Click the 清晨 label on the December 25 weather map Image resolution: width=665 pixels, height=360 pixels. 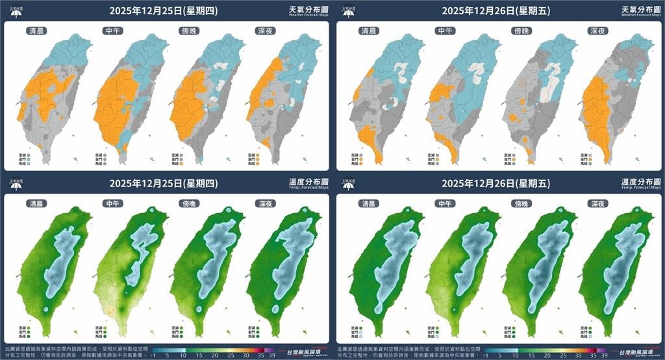click(36, 31)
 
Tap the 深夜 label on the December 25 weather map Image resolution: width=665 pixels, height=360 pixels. click(262, 31)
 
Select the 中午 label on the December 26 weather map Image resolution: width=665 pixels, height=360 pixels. click(444, 31)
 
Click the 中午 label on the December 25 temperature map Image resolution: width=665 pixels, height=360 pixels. click(112, 203)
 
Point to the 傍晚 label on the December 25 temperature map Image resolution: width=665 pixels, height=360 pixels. click(188, 203)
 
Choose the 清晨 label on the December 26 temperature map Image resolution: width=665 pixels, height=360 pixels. click(368, 203)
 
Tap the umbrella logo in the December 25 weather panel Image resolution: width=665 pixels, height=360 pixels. click(16, 11)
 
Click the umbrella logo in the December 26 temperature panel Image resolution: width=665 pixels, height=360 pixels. click(348, 184)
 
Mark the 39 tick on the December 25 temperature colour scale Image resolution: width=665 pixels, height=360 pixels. click(271, 355)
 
